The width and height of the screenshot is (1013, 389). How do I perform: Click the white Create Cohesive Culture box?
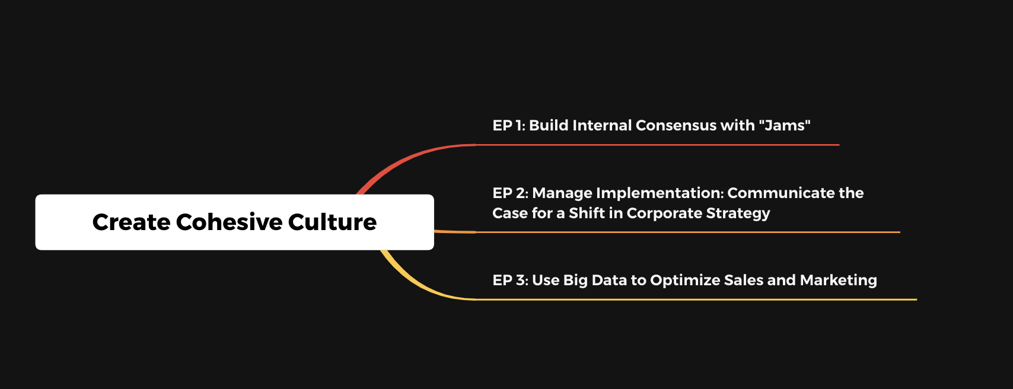(x=234, y=222)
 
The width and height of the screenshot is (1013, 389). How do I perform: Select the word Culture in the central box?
(x=332, y=222)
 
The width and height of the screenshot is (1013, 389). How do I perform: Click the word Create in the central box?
(x=131, y=222)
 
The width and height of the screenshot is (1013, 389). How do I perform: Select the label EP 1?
(x=509, y=125)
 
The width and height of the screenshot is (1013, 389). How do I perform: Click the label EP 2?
(x=510, y=193)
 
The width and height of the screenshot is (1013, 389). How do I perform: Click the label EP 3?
(x=510, y=280)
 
